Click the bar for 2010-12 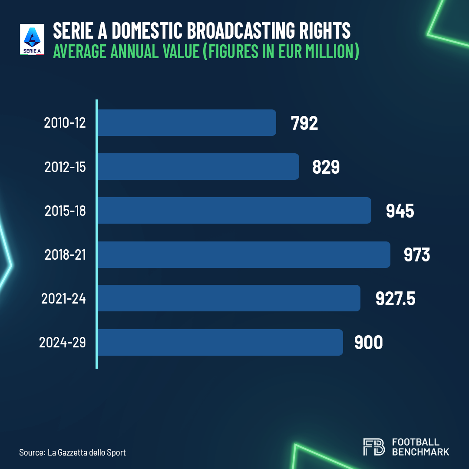(187, 123)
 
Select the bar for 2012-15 (198, 167)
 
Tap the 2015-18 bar (234, 211)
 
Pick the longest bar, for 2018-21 (244, 254)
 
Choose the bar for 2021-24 (229, 298)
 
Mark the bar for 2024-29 (220, 342)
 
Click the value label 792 (304, 123)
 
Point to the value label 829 (326, 167)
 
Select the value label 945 (400, 211)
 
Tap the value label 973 (417, 255)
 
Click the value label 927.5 (395, 299)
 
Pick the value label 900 (369, 343)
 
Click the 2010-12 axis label (65, 123)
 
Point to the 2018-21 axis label (65, 255)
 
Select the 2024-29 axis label (63, 343)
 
